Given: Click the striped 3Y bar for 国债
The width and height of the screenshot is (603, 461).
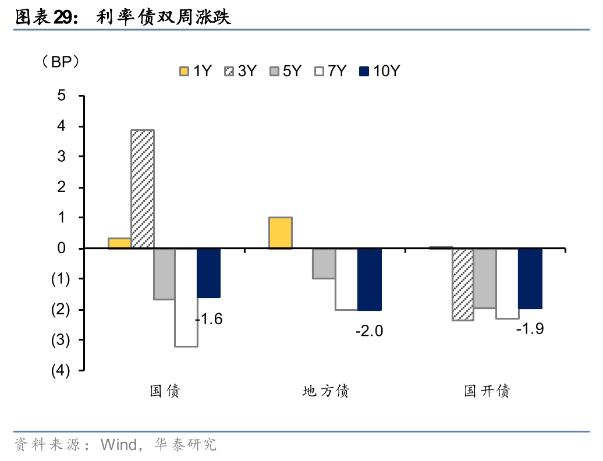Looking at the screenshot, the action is pos(143,189).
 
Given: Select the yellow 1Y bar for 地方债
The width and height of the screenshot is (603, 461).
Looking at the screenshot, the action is pos(281,233).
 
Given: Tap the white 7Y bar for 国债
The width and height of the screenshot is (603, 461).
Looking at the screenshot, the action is pos(186,297).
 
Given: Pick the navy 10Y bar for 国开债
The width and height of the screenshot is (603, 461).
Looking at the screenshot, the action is pos(530,278).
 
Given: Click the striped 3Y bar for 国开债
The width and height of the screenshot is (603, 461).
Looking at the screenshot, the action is pos(463,285).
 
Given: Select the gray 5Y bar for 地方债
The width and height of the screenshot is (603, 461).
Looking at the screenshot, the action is pos(324,264).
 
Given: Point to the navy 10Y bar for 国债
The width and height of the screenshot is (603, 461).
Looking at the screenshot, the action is pos(209,273).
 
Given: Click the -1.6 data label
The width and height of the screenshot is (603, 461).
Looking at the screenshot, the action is pos(209,319).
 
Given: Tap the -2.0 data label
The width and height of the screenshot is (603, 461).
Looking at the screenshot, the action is pos(369,331).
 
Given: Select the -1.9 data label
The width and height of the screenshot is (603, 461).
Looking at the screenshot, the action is pos(530,329).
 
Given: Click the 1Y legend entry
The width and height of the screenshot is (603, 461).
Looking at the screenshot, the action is pos(196,71).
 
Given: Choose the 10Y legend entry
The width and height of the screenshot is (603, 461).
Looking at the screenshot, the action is pos(379,71).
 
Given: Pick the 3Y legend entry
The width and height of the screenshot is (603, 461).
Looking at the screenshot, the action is pos(240,71).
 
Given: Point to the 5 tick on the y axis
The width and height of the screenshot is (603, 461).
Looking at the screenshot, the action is pos(62,95).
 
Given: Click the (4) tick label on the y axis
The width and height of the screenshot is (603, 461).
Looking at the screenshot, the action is pos(61,371).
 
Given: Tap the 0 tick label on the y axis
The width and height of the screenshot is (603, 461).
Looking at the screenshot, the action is pos(62,249).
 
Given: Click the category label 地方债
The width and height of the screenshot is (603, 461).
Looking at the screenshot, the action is pos(326,391).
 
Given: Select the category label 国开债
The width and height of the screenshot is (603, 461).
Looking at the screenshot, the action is pos(487,391).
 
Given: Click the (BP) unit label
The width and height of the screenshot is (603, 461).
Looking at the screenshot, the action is pos(61,62).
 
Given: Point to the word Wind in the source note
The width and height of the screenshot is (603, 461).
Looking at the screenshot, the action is pos(119,445).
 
